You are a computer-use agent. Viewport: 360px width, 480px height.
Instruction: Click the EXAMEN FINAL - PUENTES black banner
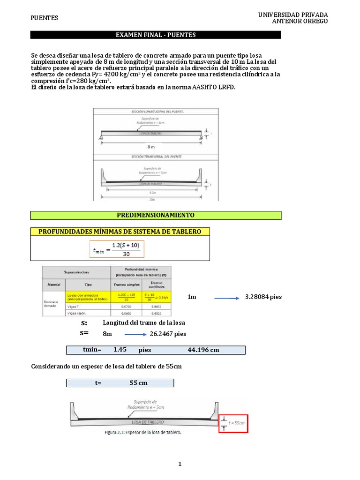(x=156, y=35)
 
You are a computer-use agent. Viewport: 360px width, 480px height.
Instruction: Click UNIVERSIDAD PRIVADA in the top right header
(x=293, y=15)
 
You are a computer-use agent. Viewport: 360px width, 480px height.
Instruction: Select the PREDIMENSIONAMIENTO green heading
(x=156, y=215)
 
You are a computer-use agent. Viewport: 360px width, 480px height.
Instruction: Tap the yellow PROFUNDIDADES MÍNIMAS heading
(x=120, y=232)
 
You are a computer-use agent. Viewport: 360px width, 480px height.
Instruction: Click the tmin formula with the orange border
(x=117, y=249)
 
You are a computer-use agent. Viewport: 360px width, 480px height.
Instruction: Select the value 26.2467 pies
(x=168, y=334)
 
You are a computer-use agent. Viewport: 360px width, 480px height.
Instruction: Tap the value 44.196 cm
(x=203, y=350)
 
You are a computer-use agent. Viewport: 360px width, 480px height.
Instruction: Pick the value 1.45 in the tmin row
(x=120, y=350)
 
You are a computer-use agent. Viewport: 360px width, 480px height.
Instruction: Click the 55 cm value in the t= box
(x=138, y=383)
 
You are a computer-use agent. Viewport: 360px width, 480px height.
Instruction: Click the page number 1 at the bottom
(x=180, y=464)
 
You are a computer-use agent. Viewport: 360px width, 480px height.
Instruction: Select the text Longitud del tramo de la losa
(x=144, y=322)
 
